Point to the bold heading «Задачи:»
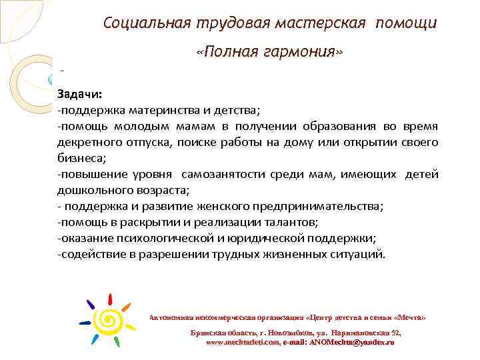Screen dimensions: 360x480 (x=79, y=94)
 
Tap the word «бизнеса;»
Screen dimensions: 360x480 (x=81, y=158)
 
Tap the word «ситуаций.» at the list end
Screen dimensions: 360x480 (x=359, y=255)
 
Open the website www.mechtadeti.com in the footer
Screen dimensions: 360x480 (x=243, y=341)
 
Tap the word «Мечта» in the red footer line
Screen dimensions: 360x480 (x=409, y=317)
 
